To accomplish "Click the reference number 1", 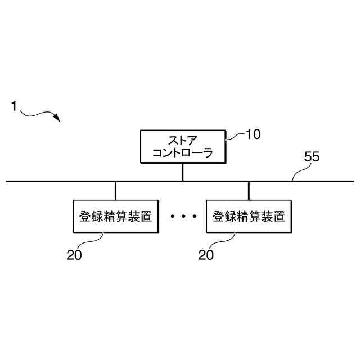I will (x=13, y=105).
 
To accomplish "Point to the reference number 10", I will (x=254, y=135).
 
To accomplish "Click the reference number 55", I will (x=312, y=157).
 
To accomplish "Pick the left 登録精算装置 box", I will (x=116, y=216).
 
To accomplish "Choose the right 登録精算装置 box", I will (x=249, y=216).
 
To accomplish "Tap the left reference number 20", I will (x=74, y=255).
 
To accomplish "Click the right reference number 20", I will (x=206, y=255).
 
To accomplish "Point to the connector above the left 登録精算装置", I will (x=116, y=190).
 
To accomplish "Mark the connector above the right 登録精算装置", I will (x=249, y=190).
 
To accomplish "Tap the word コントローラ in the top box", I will (x=182, y=152).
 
